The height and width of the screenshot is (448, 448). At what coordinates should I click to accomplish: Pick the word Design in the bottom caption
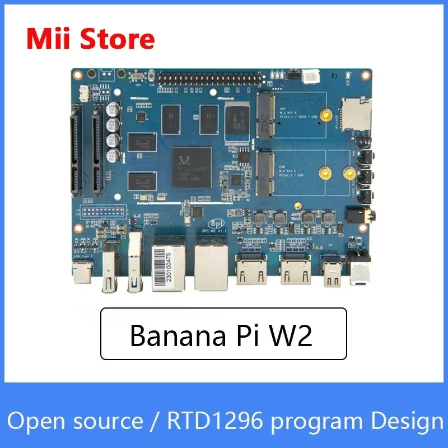tap(408, 421)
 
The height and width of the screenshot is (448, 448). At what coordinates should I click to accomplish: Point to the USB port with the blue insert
tap(134, 263)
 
